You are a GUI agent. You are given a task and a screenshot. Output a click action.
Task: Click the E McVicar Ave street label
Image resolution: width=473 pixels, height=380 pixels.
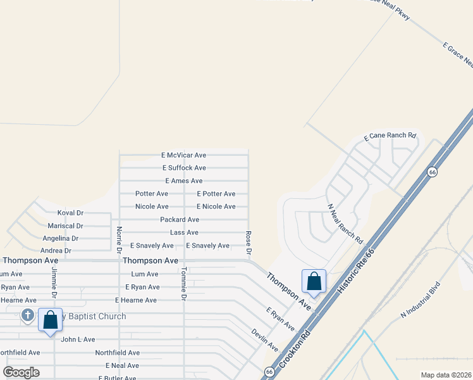coord(183,155)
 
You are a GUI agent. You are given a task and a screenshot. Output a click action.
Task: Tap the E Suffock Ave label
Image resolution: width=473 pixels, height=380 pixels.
coord(183,168)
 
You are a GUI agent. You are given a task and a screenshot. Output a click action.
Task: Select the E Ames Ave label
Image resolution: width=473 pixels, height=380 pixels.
coord(183,181)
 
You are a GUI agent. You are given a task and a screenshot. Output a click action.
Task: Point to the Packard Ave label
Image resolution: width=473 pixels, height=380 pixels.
coord(180,220)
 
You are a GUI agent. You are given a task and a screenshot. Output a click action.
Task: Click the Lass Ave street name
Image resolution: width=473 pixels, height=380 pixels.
coord(184,232)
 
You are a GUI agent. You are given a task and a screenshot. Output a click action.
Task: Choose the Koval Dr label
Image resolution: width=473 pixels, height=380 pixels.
coord(70,213)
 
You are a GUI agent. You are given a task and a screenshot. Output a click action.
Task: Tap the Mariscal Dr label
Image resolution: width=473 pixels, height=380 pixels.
coord(65,226)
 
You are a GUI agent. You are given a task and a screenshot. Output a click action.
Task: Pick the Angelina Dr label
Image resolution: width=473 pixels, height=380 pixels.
coord(61,239)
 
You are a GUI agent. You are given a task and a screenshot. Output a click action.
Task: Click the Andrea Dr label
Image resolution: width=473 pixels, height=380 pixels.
coord(56,251)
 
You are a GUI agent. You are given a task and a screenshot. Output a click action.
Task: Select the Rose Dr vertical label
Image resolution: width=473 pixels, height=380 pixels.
coord(249,243)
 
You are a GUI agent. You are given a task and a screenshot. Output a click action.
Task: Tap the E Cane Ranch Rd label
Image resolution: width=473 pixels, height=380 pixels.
coord(390,136)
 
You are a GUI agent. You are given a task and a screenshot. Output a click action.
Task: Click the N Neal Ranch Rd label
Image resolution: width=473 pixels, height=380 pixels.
coord(345,224)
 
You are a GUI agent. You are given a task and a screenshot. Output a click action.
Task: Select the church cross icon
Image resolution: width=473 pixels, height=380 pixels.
coord(27,315)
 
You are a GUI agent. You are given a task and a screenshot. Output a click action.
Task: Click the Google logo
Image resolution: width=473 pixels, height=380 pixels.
coord(21,372)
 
